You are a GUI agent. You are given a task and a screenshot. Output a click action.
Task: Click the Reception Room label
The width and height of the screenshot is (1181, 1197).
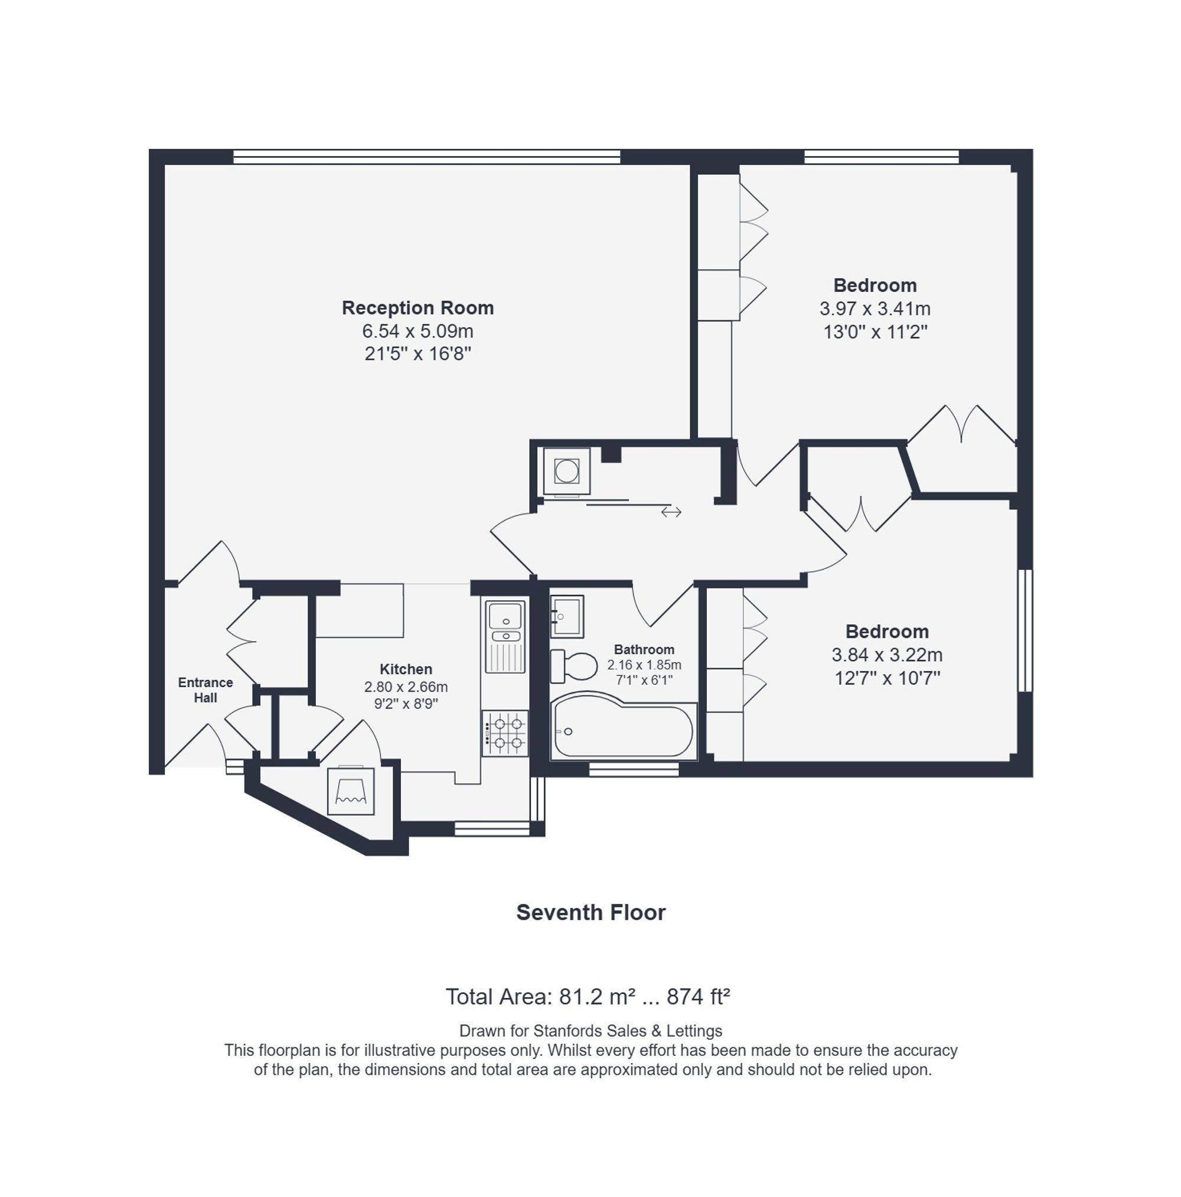coord(417,308)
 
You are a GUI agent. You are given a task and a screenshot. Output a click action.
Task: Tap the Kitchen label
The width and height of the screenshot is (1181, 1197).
coord(406,669)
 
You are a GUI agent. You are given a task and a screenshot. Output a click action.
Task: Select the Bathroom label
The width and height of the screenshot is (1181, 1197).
coord(644,649)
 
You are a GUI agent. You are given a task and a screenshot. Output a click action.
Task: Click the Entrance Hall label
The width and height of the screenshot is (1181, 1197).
coord(205,689)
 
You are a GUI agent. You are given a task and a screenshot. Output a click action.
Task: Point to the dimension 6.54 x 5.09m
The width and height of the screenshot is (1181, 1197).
coord(417,331)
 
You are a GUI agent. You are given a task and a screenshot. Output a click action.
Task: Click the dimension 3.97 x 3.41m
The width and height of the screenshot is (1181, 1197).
coord(875,308)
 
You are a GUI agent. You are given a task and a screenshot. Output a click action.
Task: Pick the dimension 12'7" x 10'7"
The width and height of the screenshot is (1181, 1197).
coord(887,678)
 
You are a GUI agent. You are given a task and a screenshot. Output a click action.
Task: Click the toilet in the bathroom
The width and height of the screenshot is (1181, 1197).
coord(573,666)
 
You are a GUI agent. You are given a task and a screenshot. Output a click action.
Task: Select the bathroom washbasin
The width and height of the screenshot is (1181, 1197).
coord(567,616)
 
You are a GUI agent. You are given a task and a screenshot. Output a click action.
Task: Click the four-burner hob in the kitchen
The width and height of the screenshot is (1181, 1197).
coord(505,733)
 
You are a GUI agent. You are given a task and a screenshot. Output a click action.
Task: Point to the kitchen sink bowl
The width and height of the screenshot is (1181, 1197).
coord(505,616)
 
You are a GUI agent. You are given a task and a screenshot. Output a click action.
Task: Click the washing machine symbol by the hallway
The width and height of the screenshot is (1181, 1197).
coord(566,471)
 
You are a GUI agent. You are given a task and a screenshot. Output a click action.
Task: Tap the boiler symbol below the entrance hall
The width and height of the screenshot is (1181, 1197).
coord(351,791)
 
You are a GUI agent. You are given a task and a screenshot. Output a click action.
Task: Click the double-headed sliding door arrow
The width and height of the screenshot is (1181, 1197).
coord(671,512)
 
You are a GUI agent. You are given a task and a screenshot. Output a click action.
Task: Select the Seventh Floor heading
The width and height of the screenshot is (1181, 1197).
coord(591,912)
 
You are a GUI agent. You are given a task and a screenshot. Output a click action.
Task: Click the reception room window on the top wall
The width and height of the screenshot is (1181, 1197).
coord(427,157)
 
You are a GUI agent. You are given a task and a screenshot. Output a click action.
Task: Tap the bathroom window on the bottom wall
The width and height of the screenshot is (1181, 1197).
coord(634,769)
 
